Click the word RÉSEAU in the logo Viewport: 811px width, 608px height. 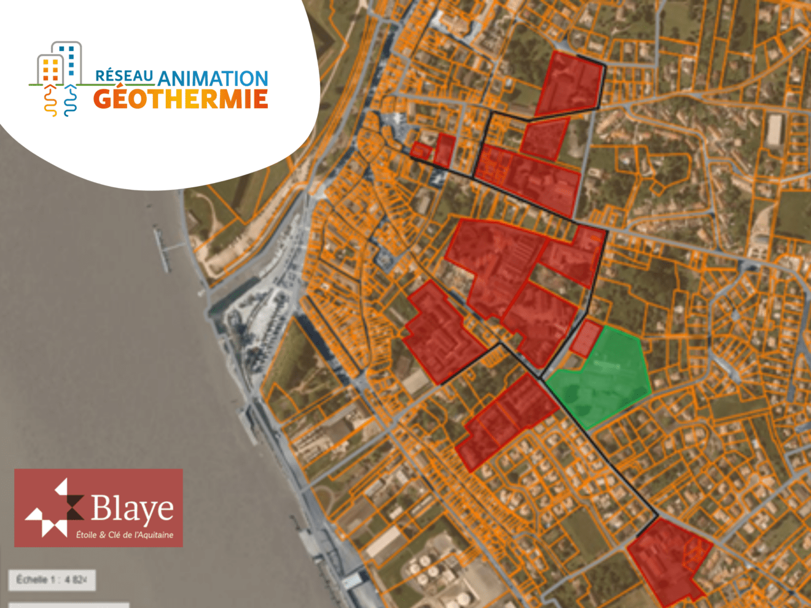tap(124, 76)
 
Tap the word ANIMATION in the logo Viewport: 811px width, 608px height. tap(213, 79)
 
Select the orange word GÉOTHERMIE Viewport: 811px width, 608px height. tap(181, 99)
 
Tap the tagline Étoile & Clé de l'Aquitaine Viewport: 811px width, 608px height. tap(125, 535)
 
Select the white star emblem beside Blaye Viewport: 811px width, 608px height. tap(54, 508)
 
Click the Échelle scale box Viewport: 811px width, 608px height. tap(52, 580)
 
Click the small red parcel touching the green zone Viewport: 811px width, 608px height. tap(586, 337)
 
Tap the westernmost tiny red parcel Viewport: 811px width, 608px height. tap(421, 150)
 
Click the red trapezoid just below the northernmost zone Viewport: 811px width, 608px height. tap(545, 139)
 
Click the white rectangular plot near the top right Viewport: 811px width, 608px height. tap(774, 130)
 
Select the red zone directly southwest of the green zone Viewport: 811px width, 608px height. tap(507, 418)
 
